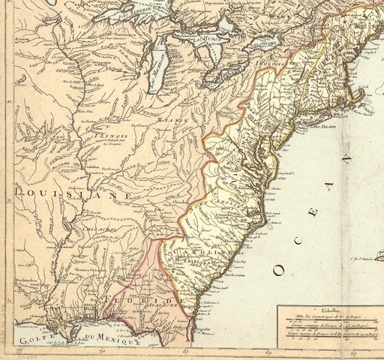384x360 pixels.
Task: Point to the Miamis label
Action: click(170, 119)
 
